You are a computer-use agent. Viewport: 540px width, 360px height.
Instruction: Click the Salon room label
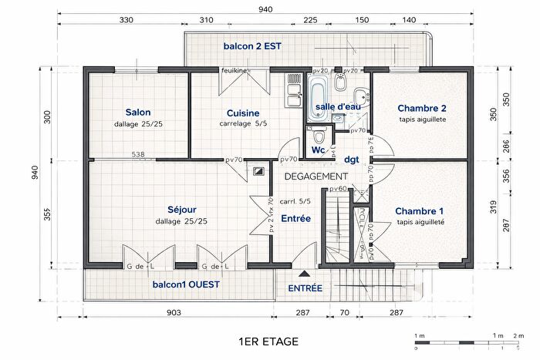click(138, 113)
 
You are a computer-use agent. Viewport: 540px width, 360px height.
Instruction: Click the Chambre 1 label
click(420, 210)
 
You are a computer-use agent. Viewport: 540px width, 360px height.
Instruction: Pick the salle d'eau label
click(337, 106)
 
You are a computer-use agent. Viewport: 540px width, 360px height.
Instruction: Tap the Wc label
click(318, 150)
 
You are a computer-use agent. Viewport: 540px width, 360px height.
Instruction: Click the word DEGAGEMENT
click(316, 177)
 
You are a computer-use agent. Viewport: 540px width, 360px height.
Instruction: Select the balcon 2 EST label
click(252, 46)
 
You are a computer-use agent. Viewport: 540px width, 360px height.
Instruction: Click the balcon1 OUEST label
click(186, 284)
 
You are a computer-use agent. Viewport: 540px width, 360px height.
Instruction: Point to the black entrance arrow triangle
click(305, 274)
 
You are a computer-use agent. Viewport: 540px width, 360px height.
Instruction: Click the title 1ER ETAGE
click(269, 340)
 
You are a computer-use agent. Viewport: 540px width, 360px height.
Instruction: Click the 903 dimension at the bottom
click(174, 312)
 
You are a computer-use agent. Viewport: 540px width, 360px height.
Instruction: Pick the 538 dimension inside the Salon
click(138, 155)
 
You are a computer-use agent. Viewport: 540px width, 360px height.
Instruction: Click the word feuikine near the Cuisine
click(234, 71)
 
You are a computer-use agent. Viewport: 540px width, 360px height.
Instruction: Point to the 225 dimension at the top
click(310, 21)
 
